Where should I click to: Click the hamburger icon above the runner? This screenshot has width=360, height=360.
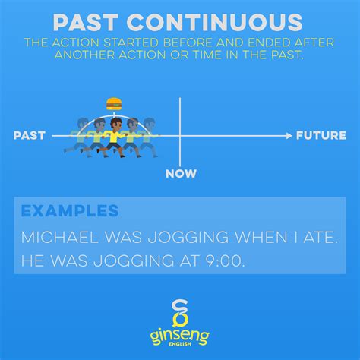(114, 104)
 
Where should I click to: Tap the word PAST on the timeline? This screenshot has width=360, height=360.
(30, 135)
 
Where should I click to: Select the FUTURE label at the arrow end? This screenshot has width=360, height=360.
(321, 135)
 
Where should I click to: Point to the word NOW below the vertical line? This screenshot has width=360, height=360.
(181, 174)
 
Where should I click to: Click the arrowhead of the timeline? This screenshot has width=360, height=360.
(289, 136)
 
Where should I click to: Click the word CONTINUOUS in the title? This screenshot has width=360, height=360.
(215, 22)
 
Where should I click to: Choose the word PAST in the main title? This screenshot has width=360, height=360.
(86, 22)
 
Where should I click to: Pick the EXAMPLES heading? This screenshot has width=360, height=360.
(70, 210)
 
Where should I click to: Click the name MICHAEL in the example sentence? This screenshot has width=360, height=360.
(59, 238)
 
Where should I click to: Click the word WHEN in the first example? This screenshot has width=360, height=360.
(261, 238)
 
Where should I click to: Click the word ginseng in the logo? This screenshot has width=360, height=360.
(180, 336)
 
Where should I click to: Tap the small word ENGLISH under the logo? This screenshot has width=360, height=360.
(180, 344)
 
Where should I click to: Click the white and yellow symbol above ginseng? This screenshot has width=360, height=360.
(180, 314)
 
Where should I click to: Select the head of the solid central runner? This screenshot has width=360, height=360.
(116, 124)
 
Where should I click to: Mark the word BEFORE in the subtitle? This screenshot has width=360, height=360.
(188, 43)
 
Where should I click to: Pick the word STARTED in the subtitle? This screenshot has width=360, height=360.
(131, 43)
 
